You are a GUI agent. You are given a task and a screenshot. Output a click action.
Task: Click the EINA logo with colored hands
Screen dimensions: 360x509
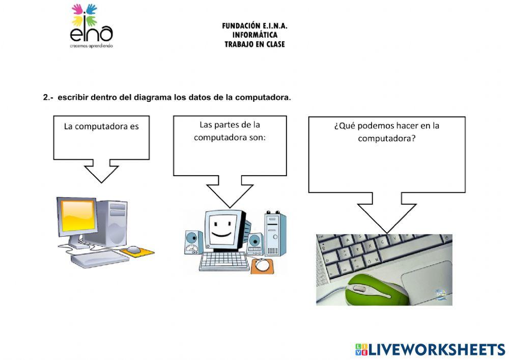pyautogui.click(x=91, y=25)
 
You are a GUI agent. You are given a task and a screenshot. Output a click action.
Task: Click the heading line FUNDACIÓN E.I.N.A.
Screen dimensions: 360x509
pyautogui.click(x=254, y=26)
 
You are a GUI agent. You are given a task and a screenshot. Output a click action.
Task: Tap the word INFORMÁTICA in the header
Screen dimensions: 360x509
pyautogui.click(x=254, y=35)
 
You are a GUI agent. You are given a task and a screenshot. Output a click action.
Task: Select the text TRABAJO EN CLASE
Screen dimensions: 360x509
pyautogui.click(x=254, y=44)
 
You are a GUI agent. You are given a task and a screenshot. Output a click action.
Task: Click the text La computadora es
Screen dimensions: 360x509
pyautogui.click(x=101, y=126)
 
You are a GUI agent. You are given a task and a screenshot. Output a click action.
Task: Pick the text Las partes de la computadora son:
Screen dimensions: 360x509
pyautogui.click(x=230, y=131)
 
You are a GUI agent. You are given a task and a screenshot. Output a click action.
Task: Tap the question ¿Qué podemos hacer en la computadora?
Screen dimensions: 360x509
pyautogui.click(x=386, y=132)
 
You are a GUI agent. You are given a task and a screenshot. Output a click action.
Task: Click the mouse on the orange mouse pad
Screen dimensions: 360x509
pyautogui.click(x=133, y=250)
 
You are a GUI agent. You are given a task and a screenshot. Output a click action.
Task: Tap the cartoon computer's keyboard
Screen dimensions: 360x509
pyautogui.click(x=224, y=261)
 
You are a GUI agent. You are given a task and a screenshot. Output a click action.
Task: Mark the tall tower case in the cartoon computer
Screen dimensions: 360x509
pyautogui.click(x=275, y=234)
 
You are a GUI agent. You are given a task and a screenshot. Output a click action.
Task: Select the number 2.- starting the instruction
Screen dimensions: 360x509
pyautogui.click(x=48, y=98)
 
